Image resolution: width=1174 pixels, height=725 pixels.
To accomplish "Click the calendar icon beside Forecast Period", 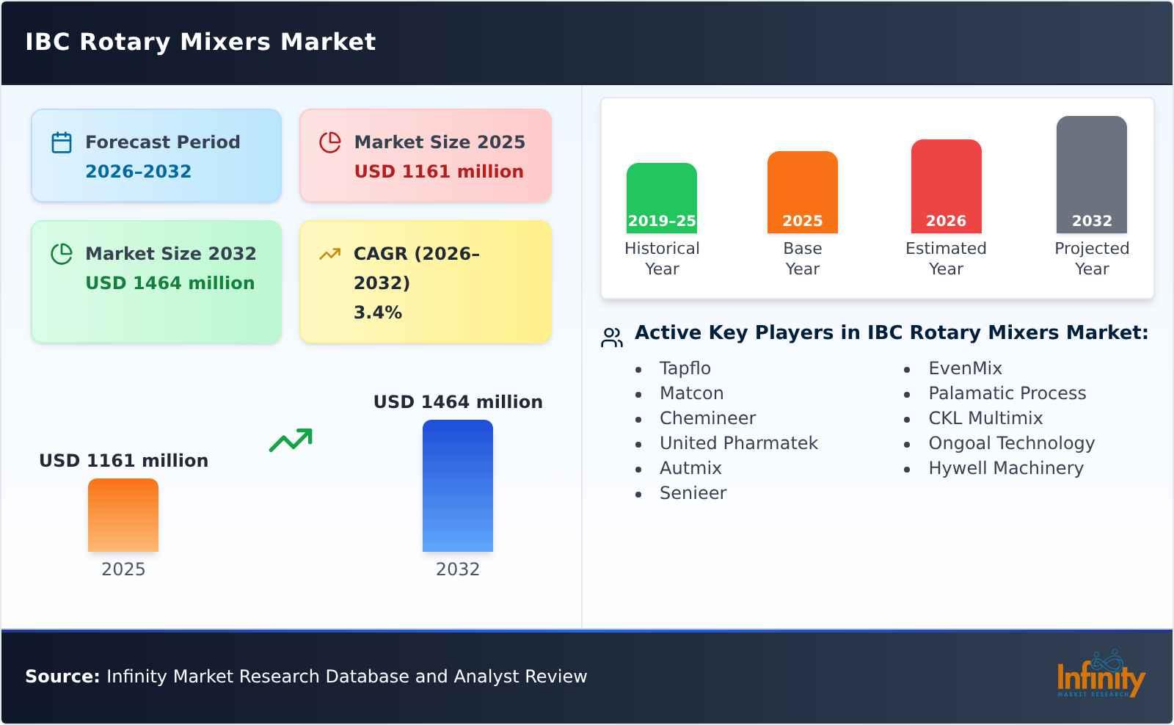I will pyautogui.click(x=62, y=142).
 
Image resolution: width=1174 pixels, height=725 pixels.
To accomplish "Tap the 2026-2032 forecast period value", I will pyautogui.click(x=138, y=172).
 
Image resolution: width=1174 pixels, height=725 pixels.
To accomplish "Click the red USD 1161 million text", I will pyautogui.click(x=439, y=172).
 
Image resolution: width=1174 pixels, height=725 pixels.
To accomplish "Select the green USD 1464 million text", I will pyautogui.click(x=169, y=283).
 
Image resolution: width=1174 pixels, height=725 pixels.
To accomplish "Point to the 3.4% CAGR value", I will pyautogui.click(x=377, y=313).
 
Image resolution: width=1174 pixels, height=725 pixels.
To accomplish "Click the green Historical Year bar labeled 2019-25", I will pyautogui.click(x=661, y=198).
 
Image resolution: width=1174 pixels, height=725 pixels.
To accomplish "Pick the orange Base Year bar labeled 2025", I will pyautogui.click(x=802, y=192).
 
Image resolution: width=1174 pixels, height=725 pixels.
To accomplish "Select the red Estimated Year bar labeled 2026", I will pyautogui.click(x=946, y=186).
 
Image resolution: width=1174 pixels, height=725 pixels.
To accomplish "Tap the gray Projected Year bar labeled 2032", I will pyautogui.click(x=1091, y=175).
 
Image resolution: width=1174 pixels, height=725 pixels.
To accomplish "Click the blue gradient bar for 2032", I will pyautogui.click(x=457, y=486).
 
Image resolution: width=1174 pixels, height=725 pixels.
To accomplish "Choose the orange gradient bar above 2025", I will pyautogui.click(x=123, y=515).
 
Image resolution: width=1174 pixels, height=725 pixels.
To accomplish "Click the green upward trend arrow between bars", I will pyautogui.click(x=291, y=440).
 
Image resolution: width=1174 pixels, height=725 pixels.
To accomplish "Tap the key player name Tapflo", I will pyautogui.click(x=685, y=368).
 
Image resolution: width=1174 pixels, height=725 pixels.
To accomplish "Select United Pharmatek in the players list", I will pyautogui.click(x=738, y=443).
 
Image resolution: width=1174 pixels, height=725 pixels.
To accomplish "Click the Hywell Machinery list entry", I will pyautogui.click(x=1005, y=468).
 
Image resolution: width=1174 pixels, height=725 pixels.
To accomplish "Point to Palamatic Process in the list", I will pyautogui.click(x=1007, y=393).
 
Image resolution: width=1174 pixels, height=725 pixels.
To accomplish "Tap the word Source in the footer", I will pyautogui.click(x=62, y=677).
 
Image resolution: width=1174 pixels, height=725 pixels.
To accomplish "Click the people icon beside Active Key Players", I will pyautogui.click(x=611, y=338).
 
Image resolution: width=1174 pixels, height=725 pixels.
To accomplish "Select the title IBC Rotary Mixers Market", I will pyautogui.click(x=200, y=42).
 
